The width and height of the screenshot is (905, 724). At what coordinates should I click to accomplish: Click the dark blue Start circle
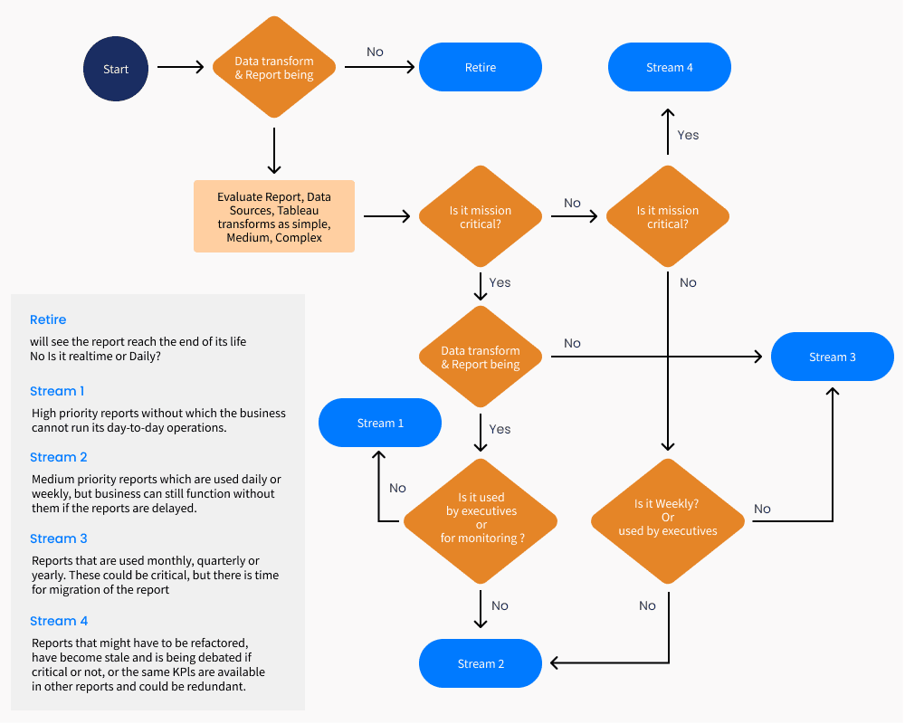[x=116, y=69]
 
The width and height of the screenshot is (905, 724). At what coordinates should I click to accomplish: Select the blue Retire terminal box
[x=480, y=68]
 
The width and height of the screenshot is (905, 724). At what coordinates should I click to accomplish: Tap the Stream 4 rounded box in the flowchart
[x=669, y=68]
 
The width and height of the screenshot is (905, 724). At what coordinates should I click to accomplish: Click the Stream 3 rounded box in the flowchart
[x=832, y=357]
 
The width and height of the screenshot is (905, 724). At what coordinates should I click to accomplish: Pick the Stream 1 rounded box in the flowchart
[x=380, y=423]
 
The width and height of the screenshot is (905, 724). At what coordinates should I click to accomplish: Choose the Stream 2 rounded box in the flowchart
[x=481, y=663]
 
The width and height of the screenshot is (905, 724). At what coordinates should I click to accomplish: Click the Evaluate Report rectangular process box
[x=274, y=216]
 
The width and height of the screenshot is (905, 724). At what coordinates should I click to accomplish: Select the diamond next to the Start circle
[x=274, y=68]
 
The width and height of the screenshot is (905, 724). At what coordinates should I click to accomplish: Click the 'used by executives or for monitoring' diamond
[x=481, y=519]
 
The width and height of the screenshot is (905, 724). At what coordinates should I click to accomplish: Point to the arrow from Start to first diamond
[x=181, y=67]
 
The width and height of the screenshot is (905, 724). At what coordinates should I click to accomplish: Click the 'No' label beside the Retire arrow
[x=375, y=52]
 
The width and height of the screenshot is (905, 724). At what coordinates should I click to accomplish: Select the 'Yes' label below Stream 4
[x=688, y=135]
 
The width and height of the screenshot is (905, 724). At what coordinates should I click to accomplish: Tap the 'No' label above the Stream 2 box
[x=500, y=605]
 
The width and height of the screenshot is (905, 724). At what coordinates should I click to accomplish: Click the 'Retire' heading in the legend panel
[x=48, y=319]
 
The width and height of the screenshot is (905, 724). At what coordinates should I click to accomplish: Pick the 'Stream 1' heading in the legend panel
[x=57, y=391]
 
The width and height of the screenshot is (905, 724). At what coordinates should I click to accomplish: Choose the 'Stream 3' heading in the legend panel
[x=58, y=538]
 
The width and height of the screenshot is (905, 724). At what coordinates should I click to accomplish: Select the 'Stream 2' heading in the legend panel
[x=58, y=457]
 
